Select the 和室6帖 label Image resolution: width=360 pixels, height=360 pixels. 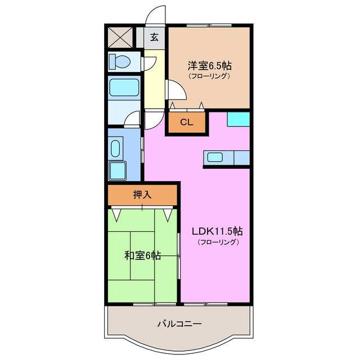coord(142,255)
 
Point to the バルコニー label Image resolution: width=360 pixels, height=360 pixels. coord(179,324)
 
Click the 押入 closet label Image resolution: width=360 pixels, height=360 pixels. coord(142,195)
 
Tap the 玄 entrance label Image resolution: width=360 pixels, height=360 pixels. coord(154,39)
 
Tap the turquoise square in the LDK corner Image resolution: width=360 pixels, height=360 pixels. coord(238,119)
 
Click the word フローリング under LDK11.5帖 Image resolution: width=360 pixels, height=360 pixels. coord(218,242)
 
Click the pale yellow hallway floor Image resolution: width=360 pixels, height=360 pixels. coord(152,79)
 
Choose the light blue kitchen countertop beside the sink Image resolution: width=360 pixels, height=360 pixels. coord(241,158)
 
